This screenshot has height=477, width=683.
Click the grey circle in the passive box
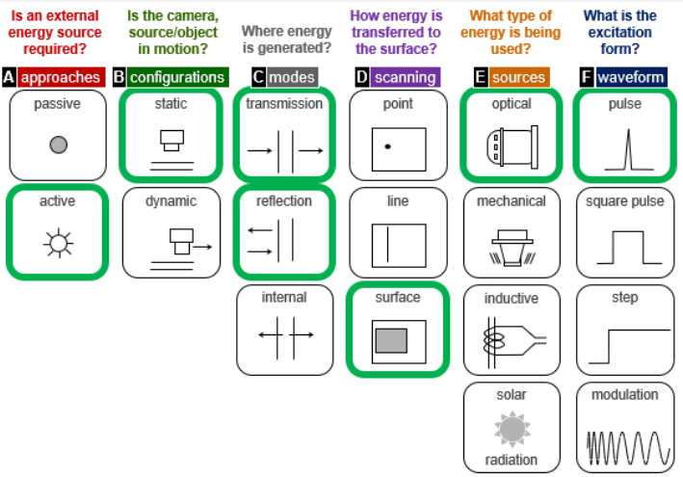pyautogui.click(x=58, y=145)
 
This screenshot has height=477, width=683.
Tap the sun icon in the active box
pyautogui.click(x=58, y=243)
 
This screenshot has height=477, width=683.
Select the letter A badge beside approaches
pyautogui.click(x=9, y=77)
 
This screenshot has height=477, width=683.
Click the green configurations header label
pyautogui.click(x=177, y=77)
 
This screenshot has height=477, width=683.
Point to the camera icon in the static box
pyautogui.click(x=171, y=140)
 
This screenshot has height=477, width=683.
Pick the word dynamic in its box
pyautogui.click(x=171, y=201)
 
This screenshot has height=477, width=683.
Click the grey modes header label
pyautogui.click(x=291, y=77)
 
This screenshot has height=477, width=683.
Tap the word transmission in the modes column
pyautogui.click(x=284, y=103)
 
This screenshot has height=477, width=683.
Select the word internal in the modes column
pyautogui.click(x=284, y=298)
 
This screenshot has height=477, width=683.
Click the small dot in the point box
pyautogui.click(x=386, y=146)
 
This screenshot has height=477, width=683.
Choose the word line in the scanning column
pyautogui.click(x=398, y=201)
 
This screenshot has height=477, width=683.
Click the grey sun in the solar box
pyautogui.click(x=512, y=427)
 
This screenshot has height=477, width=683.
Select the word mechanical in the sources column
pyautogui.click(x=512, y=201)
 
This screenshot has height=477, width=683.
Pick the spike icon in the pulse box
pyautogui.click(x=624, y=148)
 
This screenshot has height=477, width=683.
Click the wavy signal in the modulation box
pyautogui.click(x=625, y=445)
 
